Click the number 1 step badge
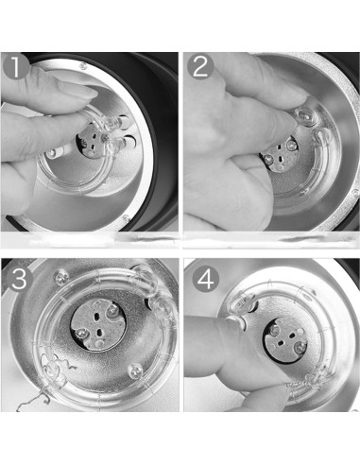[15, 67]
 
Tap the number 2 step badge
[200, 67]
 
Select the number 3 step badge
[19, 279]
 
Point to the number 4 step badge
[206, 279]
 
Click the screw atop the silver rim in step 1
[83, 66]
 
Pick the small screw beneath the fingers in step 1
[52, 154]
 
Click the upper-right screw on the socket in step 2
[292, 145]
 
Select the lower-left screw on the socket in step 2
[268, 159]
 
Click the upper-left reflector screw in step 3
[61, 277]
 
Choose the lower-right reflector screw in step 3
[136, 370]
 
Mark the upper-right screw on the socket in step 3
[112, 310]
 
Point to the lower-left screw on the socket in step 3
[82, 333]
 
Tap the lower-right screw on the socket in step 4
[300, 347]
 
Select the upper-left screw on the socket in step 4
[275, 329]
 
